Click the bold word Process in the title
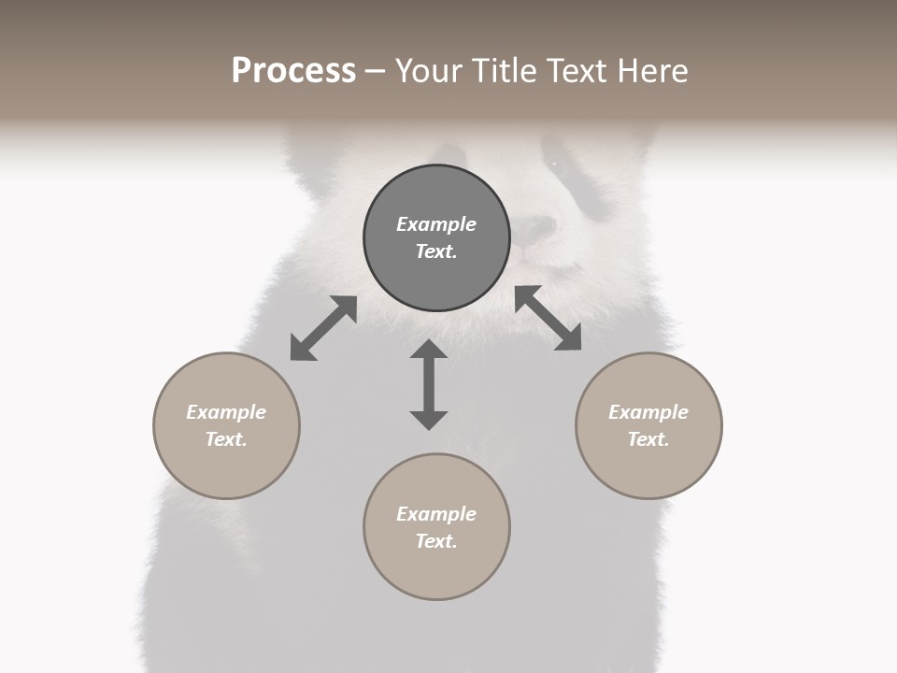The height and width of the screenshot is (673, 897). click(x=293, y=71)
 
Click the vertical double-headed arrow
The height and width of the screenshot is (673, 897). click(x=429, y=384)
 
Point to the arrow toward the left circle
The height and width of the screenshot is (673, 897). click(x=323, y=328)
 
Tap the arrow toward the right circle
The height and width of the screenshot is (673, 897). click(x=548, y=318)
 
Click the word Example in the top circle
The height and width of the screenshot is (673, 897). click(x=436, y=224)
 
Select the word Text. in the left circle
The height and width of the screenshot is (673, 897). click(x=226, y=439)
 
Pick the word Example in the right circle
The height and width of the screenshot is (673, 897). click(x=648, y=412)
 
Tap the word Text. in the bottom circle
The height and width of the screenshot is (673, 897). click(x=436, y=541)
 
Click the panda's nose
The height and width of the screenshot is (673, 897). click(x=536, y=227)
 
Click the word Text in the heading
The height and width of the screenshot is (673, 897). click(x=569, y=71)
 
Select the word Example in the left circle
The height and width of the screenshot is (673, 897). click(x=226, y=412)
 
